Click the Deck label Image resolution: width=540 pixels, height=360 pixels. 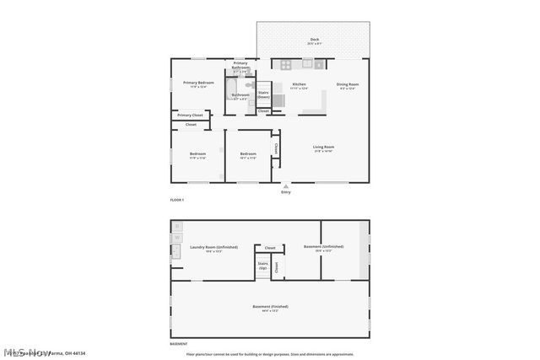pyautogui.click(x=314, y=40)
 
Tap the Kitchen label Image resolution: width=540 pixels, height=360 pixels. pyautogui.click(x=299, y=84)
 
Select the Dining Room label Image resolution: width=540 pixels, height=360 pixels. pyautogui.click(x=348, y=84)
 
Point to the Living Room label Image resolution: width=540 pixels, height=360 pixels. pyautogui.click(x=324, y=148)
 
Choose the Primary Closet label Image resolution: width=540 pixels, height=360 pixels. pyautogui.click(x=190, y=115)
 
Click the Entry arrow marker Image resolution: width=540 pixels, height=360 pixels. pyautogui.click(x=285, y=185)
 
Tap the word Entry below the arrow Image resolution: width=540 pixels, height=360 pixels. pyautogui.click(x=285, y=192)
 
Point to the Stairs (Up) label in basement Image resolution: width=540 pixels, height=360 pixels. pyautogui.click(x=263, y=266)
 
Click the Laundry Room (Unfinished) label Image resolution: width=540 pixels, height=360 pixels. pyautogui.click(x=213, y=247)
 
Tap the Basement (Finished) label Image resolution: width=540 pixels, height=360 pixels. pyautogui.click(x=270, y=306)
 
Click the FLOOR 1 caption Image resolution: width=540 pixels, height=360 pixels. pyautogui.click(x=177, y=200)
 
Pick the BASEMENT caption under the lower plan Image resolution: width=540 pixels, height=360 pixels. pyautogui.click(x=179, y=344)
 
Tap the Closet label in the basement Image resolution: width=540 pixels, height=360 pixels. pyautogui.click(x=270, y=248)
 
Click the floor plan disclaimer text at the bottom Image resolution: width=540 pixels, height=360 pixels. pyautogui.click(x=270, y=355)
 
